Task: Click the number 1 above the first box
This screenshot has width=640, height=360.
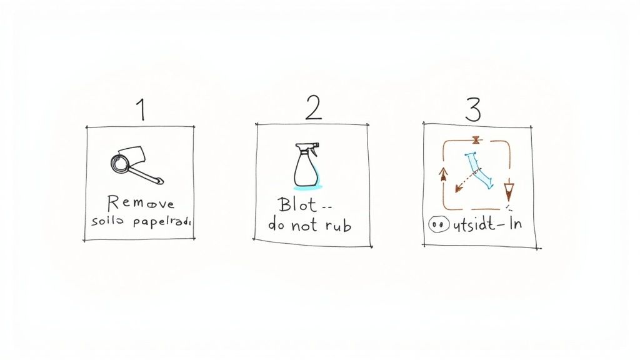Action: click(x=142, y=110)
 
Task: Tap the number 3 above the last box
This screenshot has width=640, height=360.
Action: click(x=473, y=109)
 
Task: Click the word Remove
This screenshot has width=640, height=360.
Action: click(x=141, y=203)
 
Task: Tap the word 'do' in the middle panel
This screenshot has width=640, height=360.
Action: click(x=277, y=226)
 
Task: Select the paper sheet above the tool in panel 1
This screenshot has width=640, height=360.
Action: click(x=133, y=153)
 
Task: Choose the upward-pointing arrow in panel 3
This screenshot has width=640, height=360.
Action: click(x=444, y=173)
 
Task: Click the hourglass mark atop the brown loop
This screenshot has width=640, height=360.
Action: click(x=476, y=141)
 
